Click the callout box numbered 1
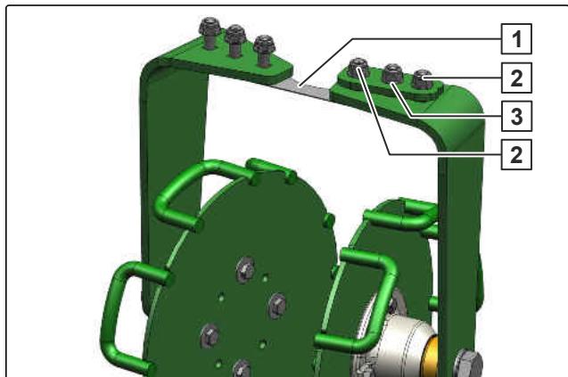[516, 38]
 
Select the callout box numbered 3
[516, 116]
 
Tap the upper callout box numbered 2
[516, 78]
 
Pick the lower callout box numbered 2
[516, 155]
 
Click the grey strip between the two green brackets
[302, 88]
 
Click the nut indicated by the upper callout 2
[423, 79]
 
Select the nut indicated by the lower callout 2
[358, 68]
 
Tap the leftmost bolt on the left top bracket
[210, 31]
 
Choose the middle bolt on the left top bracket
[235, 39]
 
